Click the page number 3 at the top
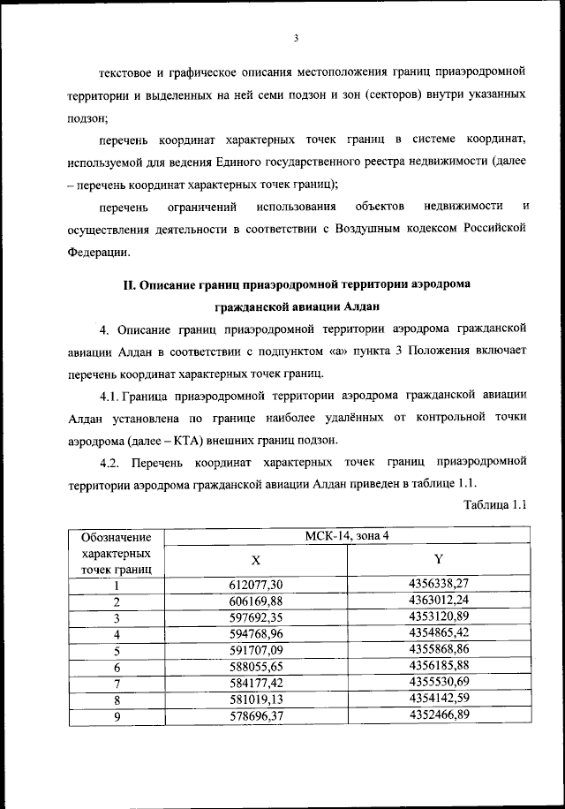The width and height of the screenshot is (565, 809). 298,37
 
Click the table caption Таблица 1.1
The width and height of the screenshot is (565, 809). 494,504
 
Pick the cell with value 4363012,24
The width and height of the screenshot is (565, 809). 438,601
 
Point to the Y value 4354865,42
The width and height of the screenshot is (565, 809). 438,633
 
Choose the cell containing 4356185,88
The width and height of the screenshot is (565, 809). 438,667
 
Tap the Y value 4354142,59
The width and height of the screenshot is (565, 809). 438,700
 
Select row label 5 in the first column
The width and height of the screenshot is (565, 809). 115,651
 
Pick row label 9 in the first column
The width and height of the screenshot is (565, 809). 115,717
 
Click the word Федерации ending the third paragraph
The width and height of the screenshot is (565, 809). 98,252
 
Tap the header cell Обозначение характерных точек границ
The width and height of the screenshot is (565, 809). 115,553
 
